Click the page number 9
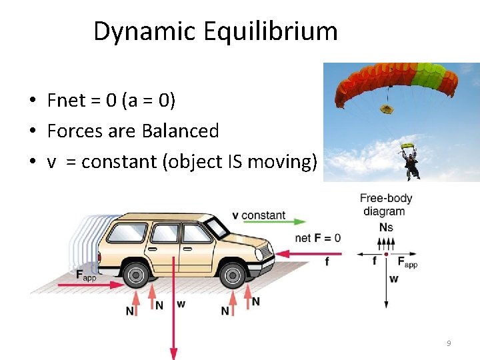449,343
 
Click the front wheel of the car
232,274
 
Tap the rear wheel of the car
136,274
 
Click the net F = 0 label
317,238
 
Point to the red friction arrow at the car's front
307,253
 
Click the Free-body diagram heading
386,205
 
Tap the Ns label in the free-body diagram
386,227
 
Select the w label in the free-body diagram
393,279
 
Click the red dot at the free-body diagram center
386,254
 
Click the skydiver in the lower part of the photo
411,164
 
